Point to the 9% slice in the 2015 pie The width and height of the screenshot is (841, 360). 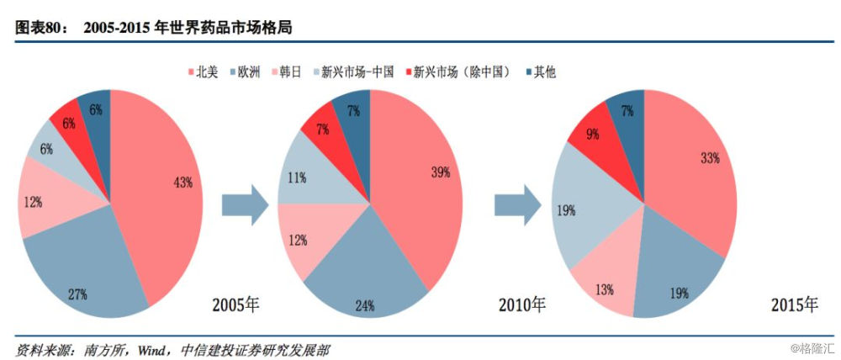coord(594,133)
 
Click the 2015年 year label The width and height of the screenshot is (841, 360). coord(794,304)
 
